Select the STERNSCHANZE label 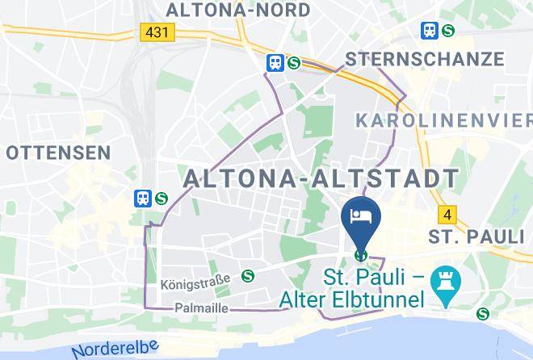(424, 59)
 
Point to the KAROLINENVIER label (444, 120)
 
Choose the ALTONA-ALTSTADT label (321, 178)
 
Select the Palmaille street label (201, 308)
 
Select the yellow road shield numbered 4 (447, 215)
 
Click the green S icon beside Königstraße (247, 276)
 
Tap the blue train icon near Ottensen (143, 197)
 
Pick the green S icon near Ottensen (162, 197)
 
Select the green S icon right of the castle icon (483, 314)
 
